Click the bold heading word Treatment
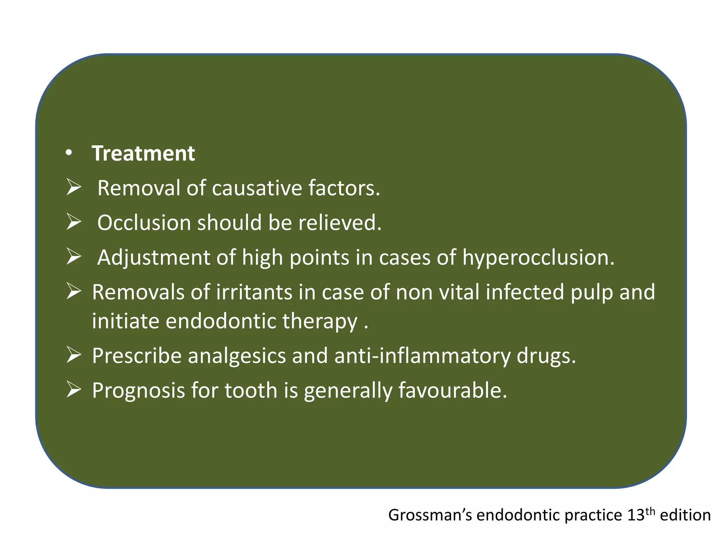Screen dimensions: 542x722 point(143,153)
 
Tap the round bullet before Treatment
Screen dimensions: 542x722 point(69,153)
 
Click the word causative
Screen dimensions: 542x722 point(257,188)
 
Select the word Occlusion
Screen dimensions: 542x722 point(144,223)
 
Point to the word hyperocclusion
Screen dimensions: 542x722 point(538,258)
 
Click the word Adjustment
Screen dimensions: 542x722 point(154,258)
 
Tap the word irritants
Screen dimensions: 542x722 point(254,292)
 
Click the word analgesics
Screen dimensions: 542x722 point(237,356)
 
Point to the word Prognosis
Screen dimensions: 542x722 point(138,391)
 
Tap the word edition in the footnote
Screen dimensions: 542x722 point(685,515)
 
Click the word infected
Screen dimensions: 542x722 point(525,292)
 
